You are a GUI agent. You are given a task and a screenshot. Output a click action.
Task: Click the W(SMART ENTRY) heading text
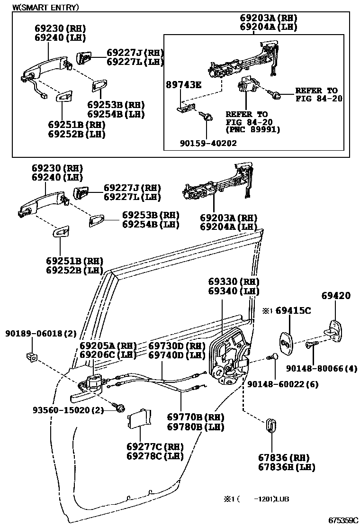[x=45, y=8]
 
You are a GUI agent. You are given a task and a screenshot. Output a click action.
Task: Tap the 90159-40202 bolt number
[x=208, y=142]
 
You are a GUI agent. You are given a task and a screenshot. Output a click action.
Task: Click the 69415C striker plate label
[x=293, y=311]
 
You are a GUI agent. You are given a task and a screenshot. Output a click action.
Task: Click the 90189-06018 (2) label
[x=41, y=334]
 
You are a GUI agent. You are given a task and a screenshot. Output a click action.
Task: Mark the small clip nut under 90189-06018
[x=32, y=356]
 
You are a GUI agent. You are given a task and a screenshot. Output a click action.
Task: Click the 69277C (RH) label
[x=155, y=446]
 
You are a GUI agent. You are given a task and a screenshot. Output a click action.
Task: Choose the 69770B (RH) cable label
[x=196, y=417]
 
